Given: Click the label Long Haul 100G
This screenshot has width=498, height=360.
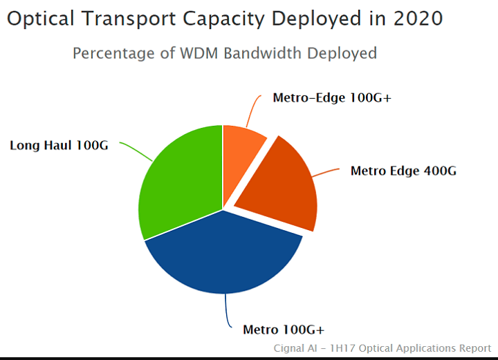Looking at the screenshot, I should [59, 146].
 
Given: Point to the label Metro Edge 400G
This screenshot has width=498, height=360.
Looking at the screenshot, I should [403, 171].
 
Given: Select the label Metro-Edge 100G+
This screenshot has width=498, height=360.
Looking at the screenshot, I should [332, 98].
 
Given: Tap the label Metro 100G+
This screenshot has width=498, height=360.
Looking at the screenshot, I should [284, 329].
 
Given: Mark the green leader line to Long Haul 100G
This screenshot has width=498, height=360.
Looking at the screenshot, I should [137, 151].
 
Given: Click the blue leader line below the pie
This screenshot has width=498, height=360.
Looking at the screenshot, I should [226, 311].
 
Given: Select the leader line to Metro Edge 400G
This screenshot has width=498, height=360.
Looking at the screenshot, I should [329, 171].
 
